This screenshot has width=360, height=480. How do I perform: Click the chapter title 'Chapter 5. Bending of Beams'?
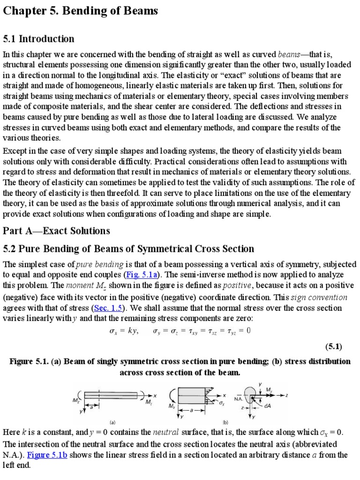(80, 12)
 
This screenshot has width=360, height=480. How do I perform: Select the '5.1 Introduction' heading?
(38, 38)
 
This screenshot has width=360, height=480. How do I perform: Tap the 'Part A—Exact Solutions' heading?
(56, 230)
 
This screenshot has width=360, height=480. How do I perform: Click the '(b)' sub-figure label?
(225, 421)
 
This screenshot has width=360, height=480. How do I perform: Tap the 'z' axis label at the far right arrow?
(286, 395)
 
